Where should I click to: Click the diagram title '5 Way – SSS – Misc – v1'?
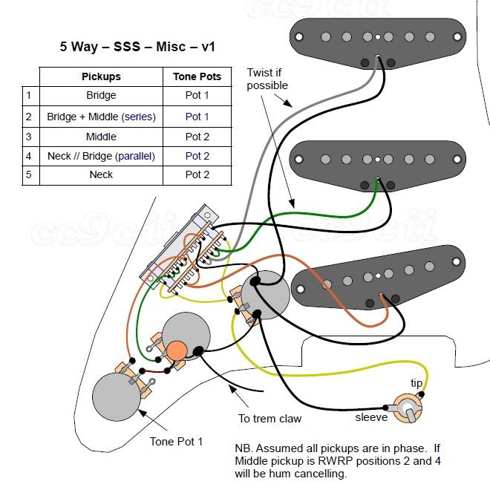(x=137, y=46)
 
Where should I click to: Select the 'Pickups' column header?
(x=101, y=76)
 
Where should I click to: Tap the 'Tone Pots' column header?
(x=197, y=76)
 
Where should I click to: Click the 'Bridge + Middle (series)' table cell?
(x=101, y=117)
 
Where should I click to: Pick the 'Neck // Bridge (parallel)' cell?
(x=101, y=156)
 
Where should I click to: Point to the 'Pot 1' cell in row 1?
(x=197, y=96)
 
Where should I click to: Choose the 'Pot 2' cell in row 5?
(x=197, y=175)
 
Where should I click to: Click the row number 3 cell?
(x=29, y=137)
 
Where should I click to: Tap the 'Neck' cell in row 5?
(x=101, y=175)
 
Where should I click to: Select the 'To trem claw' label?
(x=269, y=419)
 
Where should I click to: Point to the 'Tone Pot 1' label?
(x=176, y=442)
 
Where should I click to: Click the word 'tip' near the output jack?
(x=417, y=382)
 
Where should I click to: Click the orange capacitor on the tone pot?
(x=177, y=350)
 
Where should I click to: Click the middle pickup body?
(x=378, y=159)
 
